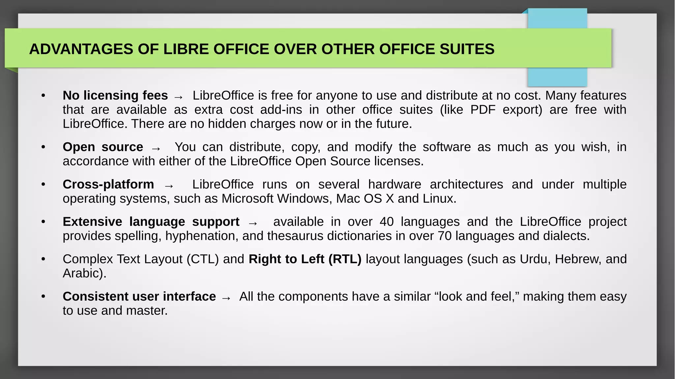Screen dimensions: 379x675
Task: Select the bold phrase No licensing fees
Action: click(115, 96)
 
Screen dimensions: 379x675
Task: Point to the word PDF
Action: click(483, 110)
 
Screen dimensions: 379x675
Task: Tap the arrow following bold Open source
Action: click(156, 148)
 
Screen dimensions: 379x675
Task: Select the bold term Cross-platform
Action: click(108, 185)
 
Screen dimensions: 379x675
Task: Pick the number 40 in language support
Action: click(387, 222)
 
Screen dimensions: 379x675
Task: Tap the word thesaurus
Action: click(292, 236)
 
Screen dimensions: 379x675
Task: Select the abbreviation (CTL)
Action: click(203, 259)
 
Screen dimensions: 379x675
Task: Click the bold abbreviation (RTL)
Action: click(345, 259)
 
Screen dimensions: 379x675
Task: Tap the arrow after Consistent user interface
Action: click(226, 298)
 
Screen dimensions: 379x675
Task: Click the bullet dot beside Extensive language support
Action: click(43, 222)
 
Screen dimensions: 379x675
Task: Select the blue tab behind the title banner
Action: click(557, 77)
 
